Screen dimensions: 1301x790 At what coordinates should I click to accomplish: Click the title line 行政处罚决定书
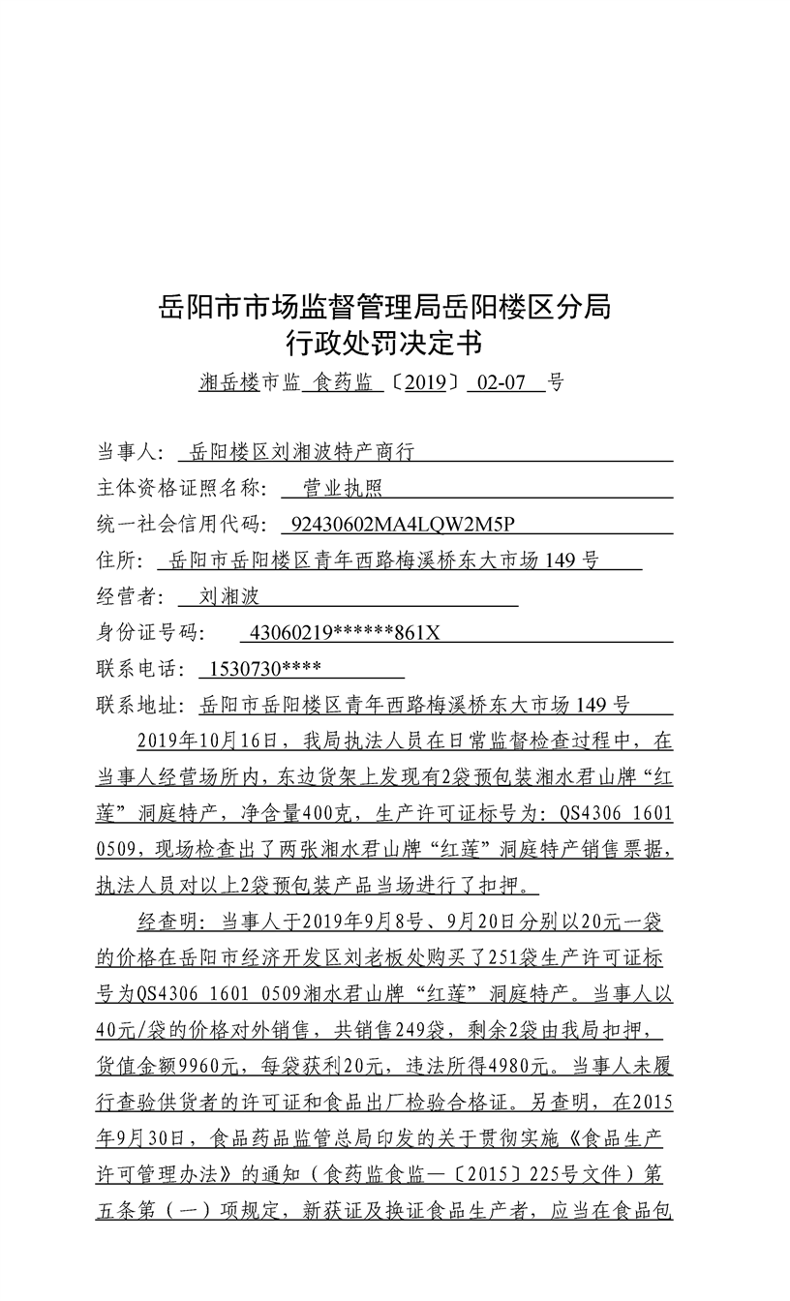[x=384, y=344]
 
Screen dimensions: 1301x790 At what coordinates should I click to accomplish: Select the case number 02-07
[x=501, y=382]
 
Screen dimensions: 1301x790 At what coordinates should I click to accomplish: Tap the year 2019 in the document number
[x=425, y=382]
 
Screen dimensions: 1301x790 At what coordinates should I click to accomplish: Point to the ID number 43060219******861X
[x=345, y=633]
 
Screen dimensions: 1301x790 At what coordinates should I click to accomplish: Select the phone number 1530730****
[x=258, y=669]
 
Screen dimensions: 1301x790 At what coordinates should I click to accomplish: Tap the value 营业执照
[x=343, y=489]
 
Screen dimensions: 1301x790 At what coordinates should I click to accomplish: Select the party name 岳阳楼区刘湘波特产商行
[x=302, y=452]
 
